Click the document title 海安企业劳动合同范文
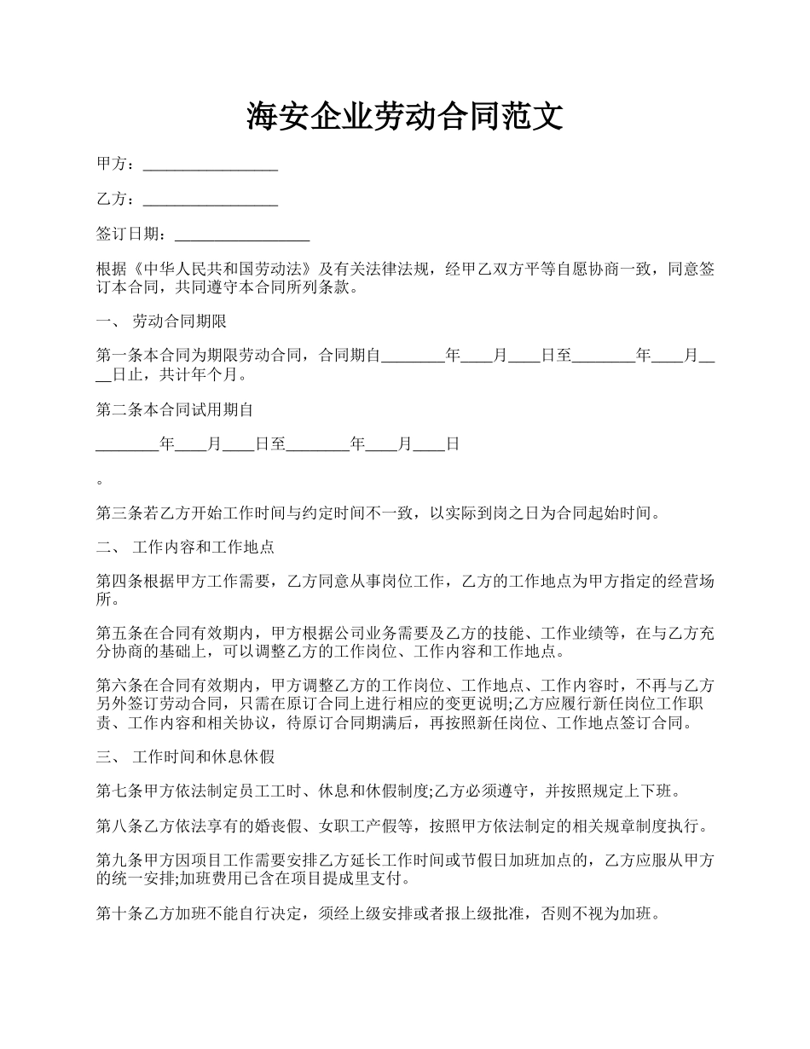[x=405, y=116]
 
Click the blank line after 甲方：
[x=211, y=164]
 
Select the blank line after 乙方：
[x=211, y=200]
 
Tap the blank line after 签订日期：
[x=241, y=235]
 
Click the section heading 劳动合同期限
[x=179, y=322]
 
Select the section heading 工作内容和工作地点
[x=203, y=547]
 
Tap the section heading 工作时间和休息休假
[x=203, y=756]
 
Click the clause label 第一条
[x=115, y=356]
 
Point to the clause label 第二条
[x=115, y=409]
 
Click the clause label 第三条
[x=115, y=513]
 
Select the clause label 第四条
[x=115, y=582]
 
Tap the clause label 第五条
[x=115, y=634]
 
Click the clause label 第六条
[x=115, y=685]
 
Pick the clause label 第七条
[x=115, y=791]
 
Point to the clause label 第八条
[x=115, y=826]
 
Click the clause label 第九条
[x=115, y=861]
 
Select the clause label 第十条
[x=115, y=914]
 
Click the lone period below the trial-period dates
[x=100, y=481]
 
